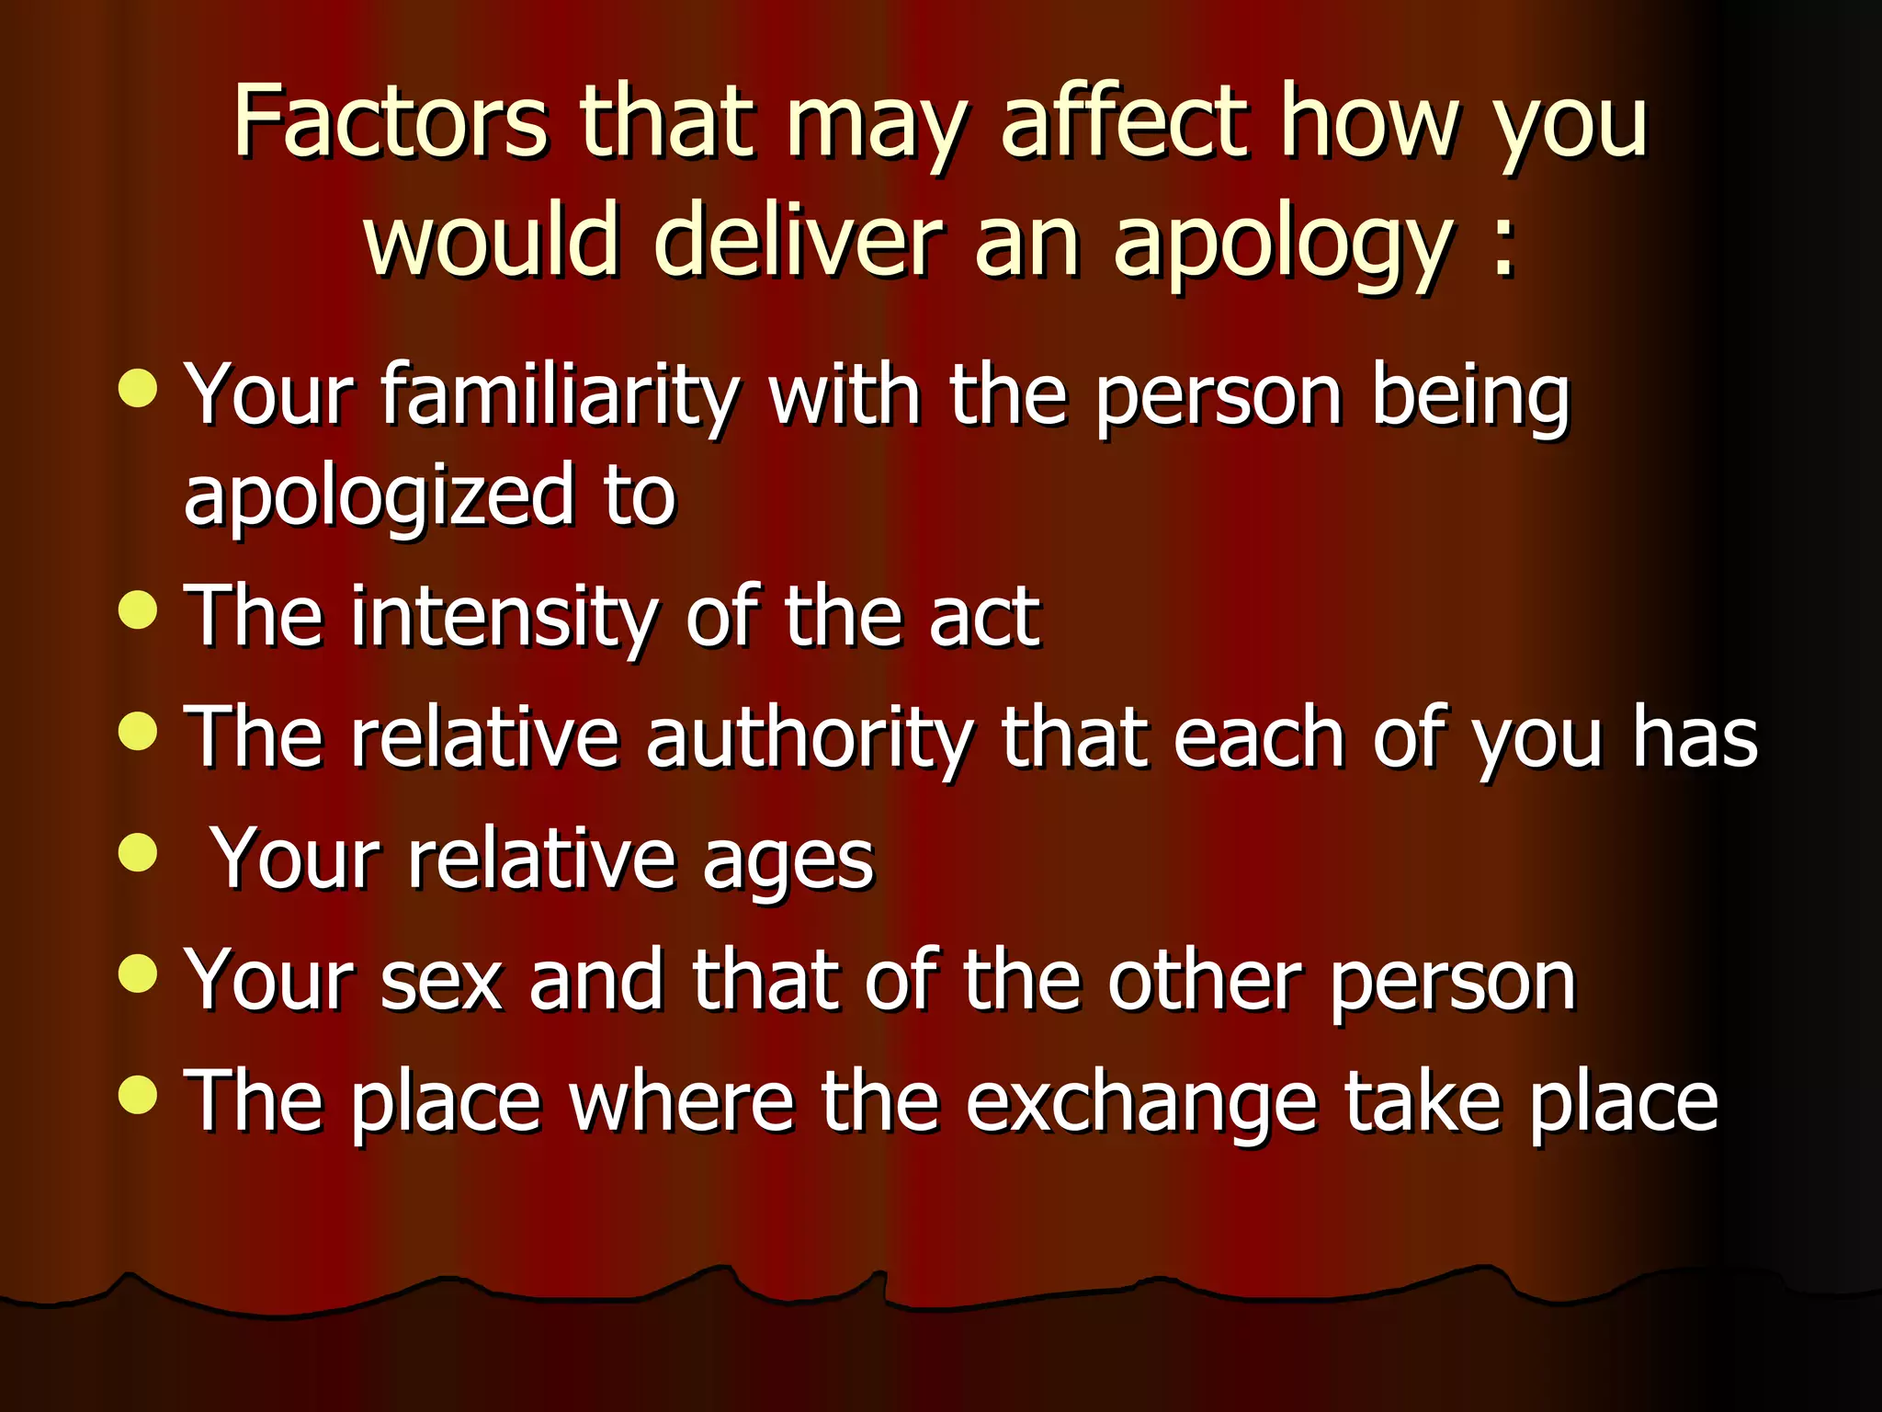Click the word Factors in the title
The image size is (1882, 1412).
[391, 122]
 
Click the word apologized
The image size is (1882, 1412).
[378, 497]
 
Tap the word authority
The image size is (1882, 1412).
[809, 738]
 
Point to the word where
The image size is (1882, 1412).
[681, 1101]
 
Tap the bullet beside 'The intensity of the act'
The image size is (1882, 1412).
[138, 610]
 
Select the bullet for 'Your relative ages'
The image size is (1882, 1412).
[138, 851]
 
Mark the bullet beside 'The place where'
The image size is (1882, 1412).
[138, 1095]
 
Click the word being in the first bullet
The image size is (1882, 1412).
[1470, 397]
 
